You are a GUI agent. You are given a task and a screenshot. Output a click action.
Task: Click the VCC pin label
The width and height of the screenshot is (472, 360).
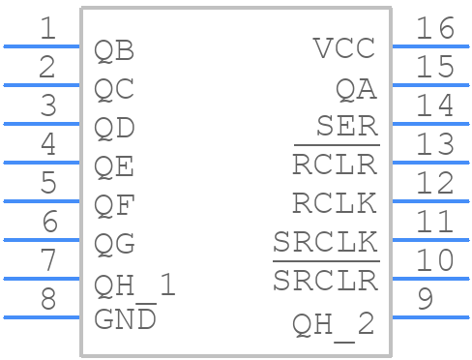click(344, 48)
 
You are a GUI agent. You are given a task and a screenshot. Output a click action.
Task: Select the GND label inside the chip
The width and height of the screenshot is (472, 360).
click(125, 318)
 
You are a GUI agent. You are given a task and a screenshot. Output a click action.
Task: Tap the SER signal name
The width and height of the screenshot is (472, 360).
click(347, 127)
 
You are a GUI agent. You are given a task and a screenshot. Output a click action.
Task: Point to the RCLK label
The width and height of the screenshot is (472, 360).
click(335, 204)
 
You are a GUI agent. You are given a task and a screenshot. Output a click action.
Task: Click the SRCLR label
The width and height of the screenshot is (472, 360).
click(325, 281)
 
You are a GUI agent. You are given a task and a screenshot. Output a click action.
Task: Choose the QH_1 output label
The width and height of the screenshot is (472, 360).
click(135, 285)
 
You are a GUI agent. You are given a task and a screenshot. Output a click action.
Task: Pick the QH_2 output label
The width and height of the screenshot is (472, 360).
click(334, 324)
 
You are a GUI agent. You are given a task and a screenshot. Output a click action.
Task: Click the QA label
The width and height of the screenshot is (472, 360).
click(356, 89)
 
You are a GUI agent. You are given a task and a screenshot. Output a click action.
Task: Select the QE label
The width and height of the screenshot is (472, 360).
click(114, 167)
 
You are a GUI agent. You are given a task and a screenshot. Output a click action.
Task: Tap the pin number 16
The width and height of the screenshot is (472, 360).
click(434, 29)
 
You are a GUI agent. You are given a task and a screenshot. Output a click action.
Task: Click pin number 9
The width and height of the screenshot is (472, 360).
click(425, 300)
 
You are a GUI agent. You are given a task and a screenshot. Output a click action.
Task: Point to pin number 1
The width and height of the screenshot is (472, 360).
click(47, 29)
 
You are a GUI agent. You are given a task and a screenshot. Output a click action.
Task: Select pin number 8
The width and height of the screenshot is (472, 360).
click(47, 300)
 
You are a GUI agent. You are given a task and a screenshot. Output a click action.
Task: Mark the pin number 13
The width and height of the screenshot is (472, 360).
click(434, 145)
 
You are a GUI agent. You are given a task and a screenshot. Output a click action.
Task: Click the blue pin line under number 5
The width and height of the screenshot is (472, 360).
click(41, 201)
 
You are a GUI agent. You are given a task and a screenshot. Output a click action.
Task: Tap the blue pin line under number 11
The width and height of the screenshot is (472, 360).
click(429, 240)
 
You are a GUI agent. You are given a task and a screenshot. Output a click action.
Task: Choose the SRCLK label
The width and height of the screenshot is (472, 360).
click(325, 242)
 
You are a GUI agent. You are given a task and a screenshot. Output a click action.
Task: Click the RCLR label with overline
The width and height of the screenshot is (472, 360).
click(335, 165)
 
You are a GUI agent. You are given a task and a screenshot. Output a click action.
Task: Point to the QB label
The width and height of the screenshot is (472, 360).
click(114, 50)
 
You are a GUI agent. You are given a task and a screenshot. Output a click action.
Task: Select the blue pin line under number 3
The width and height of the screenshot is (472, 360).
click(41, 124)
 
